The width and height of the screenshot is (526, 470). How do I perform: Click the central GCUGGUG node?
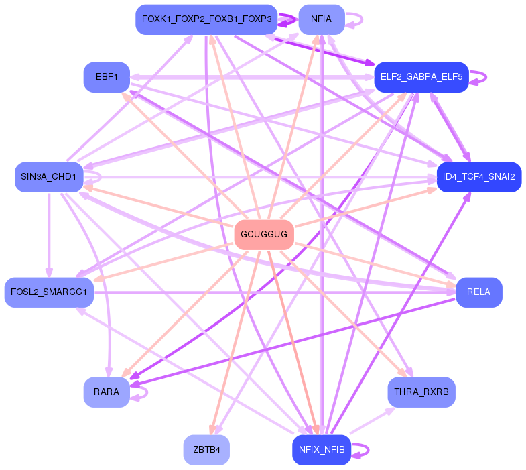click(x=264, y=235)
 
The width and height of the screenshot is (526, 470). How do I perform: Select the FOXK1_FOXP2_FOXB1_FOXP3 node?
click(x=206, y=19)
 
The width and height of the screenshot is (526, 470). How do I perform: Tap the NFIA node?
click(x=322, y=19)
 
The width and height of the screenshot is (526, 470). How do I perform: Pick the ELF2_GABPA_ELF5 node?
click(x=421, y=77)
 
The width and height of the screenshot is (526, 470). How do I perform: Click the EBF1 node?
click(x=107, y=77)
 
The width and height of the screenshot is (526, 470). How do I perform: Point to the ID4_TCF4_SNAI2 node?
click(x=478, y=177)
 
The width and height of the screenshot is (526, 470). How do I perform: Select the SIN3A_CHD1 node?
click(x=48, y=177)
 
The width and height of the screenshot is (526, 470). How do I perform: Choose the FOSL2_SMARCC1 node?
click(x=49, y=292)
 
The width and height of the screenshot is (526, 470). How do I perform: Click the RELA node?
click(x=478, y=292)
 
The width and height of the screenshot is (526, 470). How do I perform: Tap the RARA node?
click(x=107, y=392)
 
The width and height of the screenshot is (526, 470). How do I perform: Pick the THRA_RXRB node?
click(x=421, y=392)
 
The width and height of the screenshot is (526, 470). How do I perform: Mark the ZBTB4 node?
click(x=206, y=449)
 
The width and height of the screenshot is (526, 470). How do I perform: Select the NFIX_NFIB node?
click(x=322, y=449)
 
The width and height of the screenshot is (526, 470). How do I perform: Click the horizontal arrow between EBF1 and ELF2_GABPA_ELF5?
click(x=248, y=77)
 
